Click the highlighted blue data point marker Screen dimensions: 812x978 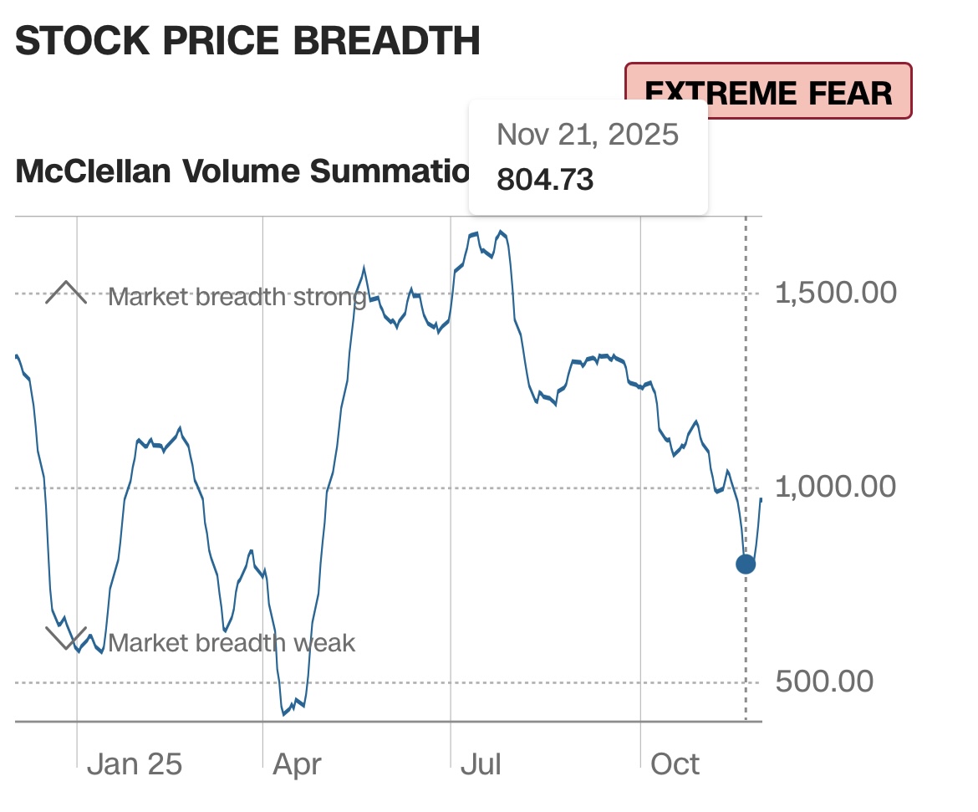click(745, 564)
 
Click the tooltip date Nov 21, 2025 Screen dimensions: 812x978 click(587, 135)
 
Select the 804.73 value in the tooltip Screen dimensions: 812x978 click(545, 179)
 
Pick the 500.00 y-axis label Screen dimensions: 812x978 click(824, 682)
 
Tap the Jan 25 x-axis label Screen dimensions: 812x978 click(134, 764)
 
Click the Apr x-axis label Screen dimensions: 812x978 click(297, 764)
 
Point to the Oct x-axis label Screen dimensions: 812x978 click(675, 764)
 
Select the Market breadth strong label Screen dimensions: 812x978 click(237, 297)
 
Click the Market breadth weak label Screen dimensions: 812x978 click(232, 643)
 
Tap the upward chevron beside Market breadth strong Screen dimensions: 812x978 click(66, 293)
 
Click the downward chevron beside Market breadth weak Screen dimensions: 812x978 click(66, 638)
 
